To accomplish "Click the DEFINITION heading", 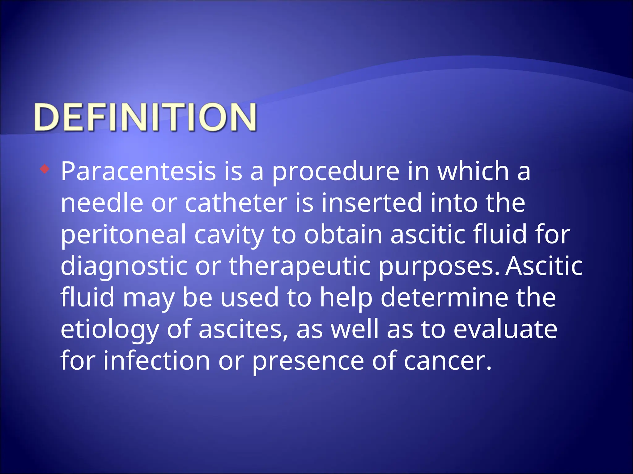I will pyautogui.click(x=145, y=118).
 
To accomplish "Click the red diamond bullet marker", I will pyautogui.click(x=45, y=169).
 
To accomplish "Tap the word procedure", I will pyautogui.click(x=336, y=172).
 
